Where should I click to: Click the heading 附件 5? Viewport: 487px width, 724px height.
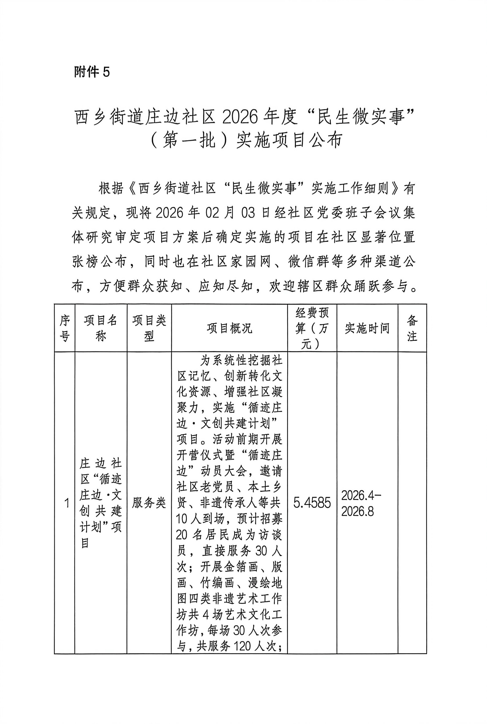pyautogui.click(x=92, y=72)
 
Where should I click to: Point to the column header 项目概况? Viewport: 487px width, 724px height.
pyautogui.click(x=229, y=328)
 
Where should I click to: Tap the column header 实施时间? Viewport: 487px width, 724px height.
pyautogui.click(x=367, y=328)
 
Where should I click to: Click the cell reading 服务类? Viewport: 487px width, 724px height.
pyautogui.click(x=149, y=503)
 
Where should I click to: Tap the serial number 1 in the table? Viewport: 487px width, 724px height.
pyautogui.click(x=66, y=503)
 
